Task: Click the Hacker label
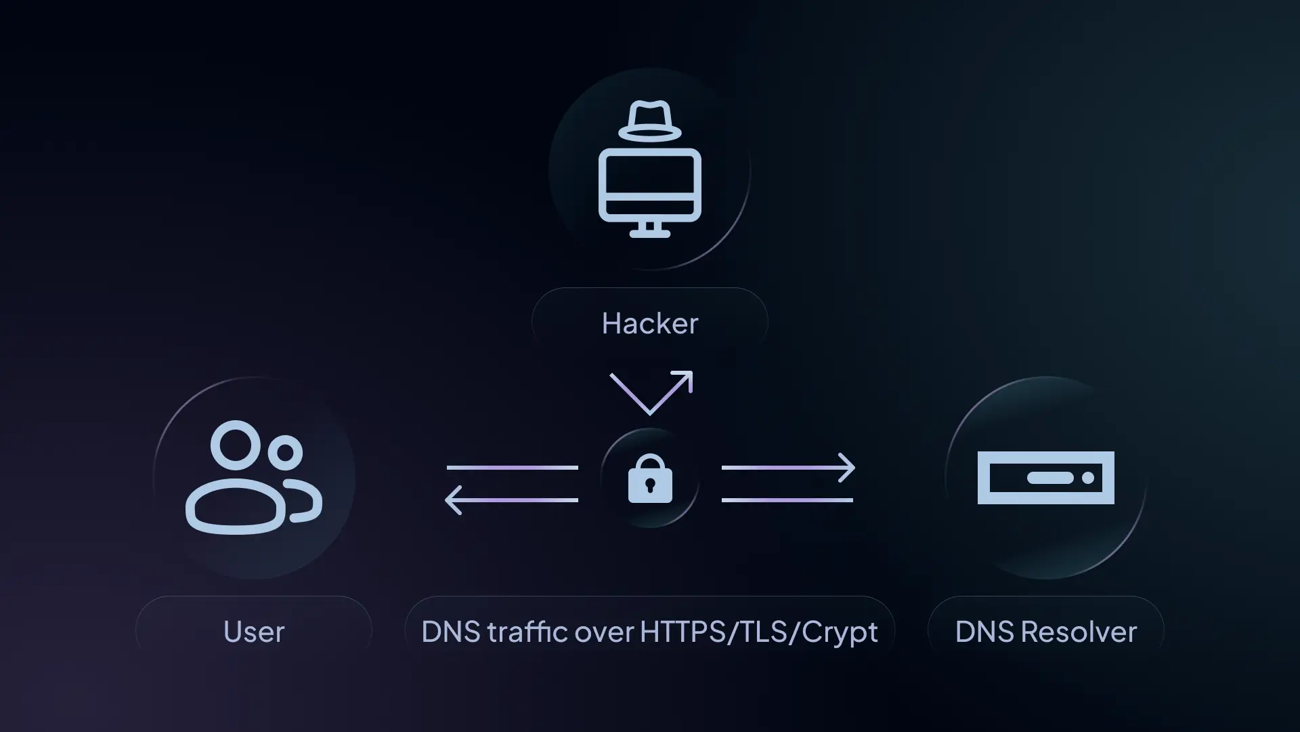(x=650, y=323)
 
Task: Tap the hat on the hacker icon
(x=650, y=121)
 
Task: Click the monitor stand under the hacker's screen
(x=650, y=230)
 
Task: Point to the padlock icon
(x=650, y=479)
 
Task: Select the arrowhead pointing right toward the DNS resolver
(x=847, y=468)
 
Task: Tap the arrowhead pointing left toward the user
(x=453, y=500)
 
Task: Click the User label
(x=254, y=632)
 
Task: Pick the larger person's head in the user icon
(x=235, y=445)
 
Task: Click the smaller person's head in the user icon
(x=285, y=453)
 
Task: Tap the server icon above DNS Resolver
(x=1046, y=478)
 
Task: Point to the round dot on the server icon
(x=1088, y=478)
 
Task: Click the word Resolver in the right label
(x=1079, y=632)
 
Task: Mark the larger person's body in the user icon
(x=236, y=508)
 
